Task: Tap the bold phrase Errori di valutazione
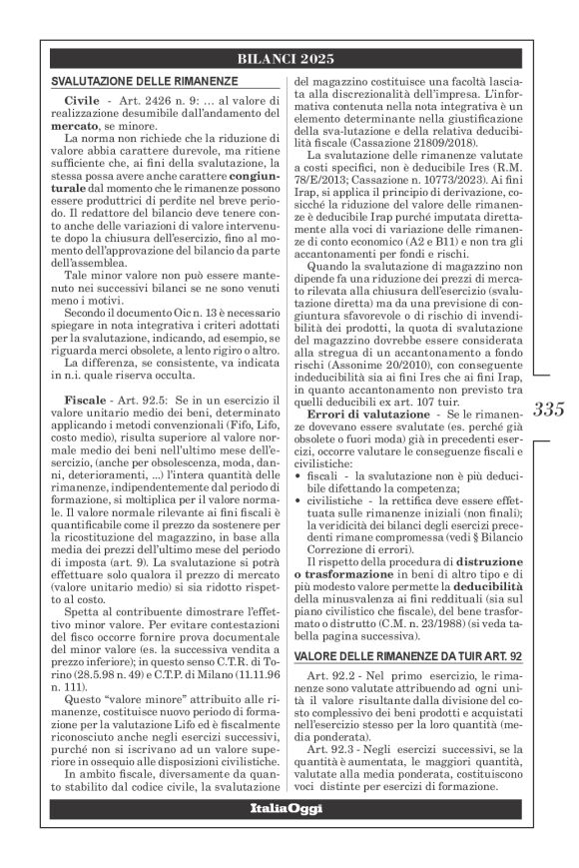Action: [369, 414]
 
